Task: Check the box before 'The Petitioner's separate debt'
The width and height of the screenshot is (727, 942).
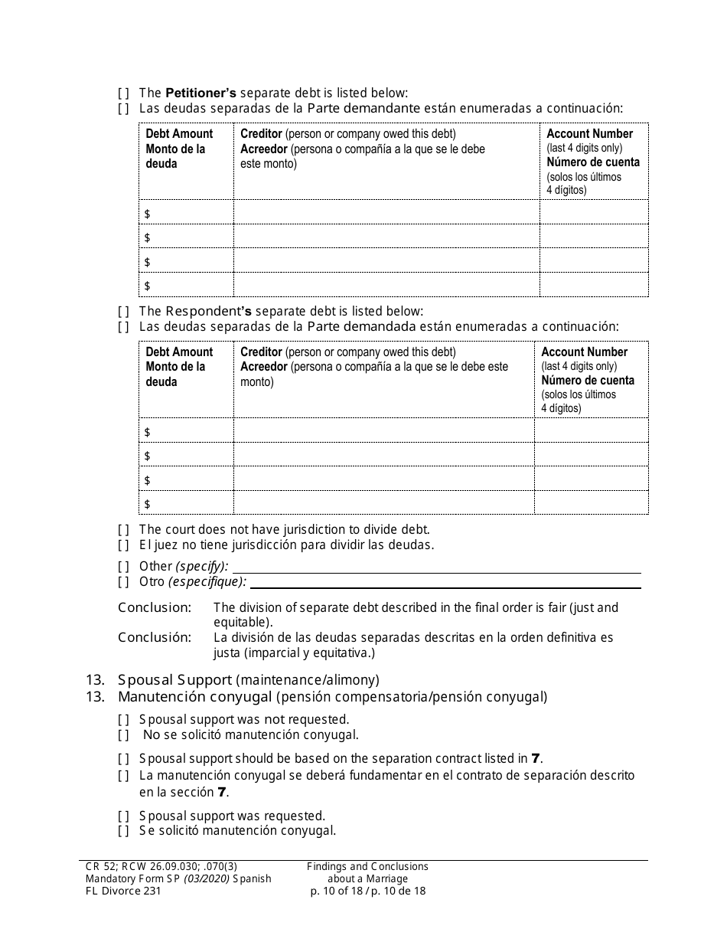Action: click(x=123, y=93)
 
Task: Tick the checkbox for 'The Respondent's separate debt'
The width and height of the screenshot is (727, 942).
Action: click(x=123, y=311)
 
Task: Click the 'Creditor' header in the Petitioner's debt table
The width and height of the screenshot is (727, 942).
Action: click(x=261, y=134)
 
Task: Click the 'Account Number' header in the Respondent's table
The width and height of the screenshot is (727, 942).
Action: click(x=584, y=352)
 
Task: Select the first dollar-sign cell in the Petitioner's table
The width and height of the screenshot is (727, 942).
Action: click(x=186, y=212)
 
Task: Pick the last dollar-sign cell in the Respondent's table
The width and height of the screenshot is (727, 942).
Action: click(x=186, y=503)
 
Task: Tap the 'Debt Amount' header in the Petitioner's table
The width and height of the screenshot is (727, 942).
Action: click(x=179, y=134)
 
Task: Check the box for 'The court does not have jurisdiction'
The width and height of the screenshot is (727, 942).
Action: click(x=123, y=529)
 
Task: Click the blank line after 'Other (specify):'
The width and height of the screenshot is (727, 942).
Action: click(x=435, y=567)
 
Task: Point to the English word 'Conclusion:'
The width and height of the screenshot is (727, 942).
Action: click(x=154, y=607)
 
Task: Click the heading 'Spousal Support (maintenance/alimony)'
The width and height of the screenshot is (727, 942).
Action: click(x=248, y=679)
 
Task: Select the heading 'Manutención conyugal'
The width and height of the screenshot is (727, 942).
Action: click(x=195, y=697)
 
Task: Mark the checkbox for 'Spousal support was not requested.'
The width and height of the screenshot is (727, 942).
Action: click(x=123, y=719)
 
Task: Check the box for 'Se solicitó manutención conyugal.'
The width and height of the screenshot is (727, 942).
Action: click(x=123, y=831)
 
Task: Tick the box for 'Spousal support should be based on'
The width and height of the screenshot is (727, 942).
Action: click(x=123, y=759)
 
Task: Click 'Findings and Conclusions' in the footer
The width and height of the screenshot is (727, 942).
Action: click(x=367, y=866)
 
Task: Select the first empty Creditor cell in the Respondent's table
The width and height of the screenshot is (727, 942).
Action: click(x=383, y=431)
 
